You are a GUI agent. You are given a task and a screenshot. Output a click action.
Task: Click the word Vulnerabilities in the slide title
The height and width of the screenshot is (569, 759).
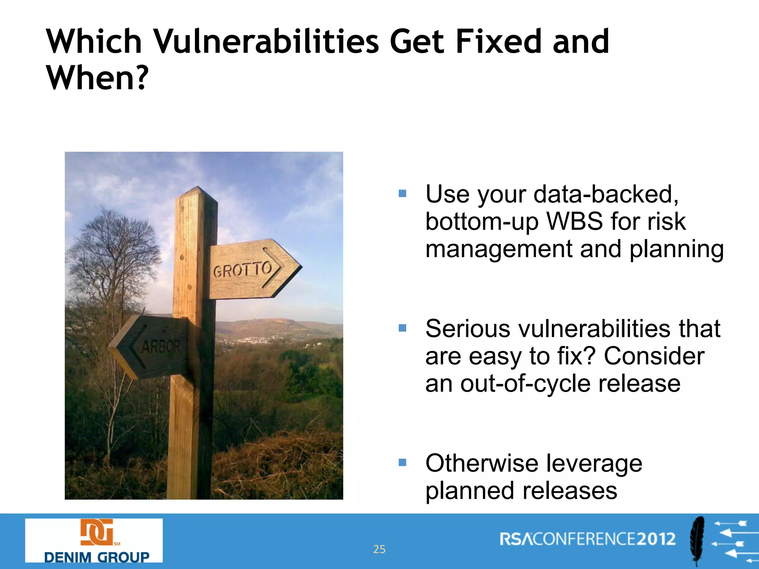(266, 41)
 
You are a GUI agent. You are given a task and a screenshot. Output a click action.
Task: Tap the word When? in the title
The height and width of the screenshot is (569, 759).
(97, 78)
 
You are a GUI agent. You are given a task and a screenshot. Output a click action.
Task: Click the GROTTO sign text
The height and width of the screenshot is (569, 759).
(243, 269)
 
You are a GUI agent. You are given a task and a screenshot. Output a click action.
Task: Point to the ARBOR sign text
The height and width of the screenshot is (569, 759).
(161, 347)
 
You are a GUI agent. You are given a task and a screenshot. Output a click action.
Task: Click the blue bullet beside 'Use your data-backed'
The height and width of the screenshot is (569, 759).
(402, 193)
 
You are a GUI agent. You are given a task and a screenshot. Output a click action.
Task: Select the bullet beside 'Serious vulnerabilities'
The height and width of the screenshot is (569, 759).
(402, 328)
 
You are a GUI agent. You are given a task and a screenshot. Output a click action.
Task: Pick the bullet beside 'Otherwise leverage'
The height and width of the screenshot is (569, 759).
(402, 462)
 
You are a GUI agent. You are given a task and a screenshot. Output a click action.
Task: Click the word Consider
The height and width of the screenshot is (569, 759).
(654, 356)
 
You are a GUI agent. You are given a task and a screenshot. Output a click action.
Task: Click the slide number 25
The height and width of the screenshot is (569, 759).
(379, 549)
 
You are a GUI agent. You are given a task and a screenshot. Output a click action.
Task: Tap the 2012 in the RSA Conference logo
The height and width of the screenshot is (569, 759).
(656, 539)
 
